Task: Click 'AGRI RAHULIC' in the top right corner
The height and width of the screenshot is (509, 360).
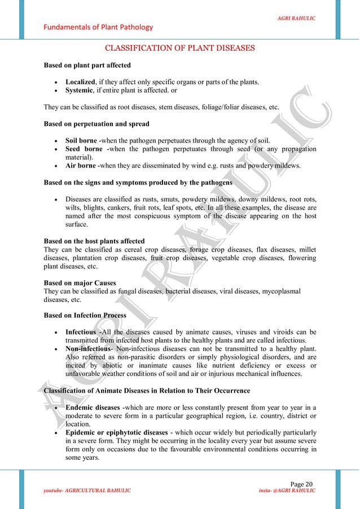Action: (x=296, y=19)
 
